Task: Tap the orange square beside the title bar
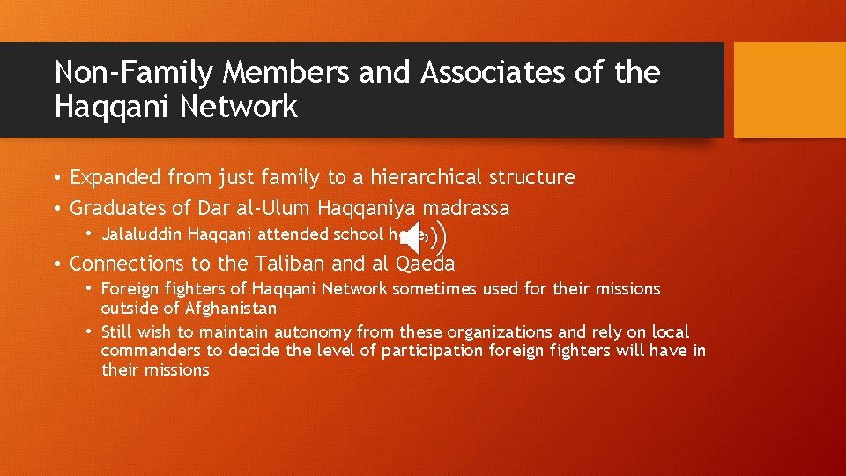pyautogui.click(x=789, y=90)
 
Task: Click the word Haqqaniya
pyautogui.click(x=373, y=209)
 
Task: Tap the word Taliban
pyautogui.click(x=291, y=264)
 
